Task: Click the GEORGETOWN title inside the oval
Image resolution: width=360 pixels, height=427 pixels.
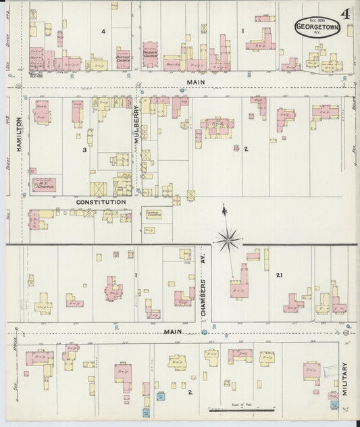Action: [x=317, y=28]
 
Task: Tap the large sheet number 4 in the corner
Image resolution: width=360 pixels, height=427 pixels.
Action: [x=345, y=14]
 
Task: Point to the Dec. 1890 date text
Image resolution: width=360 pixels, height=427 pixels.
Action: [x=317, y=22]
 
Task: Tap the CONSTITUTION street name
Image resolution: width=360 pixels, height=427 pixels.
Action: [x=101, y=201]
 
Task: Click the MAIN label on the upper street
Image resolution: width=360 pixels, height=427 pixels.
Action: [x=195, y=81]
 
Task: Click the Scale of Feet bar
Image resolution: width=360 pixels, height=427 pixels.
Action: [x=241, y=409]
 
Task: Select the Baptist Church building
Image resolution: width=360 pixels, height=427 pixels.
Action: [x=123, y=58]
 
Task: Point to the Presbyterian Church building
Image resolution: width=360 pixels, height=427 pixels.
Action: [x=151, y=53]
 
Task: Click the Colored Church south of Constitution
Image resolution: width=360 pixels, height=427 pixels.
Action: [x=153, y=214]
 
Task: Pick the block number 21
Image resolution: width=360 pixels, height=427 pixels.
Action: [x=278, y=275]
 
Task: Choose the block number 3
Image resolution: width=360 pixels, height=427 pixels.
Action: [x=84, y=149]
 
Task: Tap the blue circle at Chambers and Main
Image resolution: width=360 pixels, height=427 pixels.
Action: [x=204, y=332]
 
